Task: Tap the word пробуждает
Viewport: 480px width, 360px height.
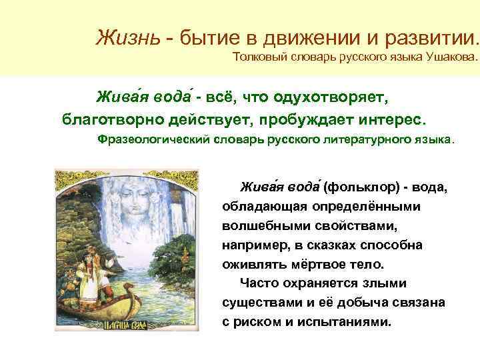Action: pos(327,121)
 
